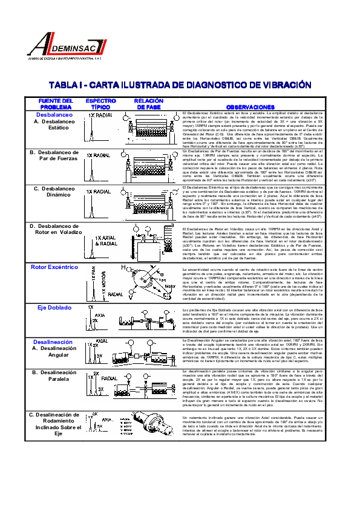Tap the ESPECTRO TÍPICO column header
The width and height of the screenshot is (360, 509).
[100, 104]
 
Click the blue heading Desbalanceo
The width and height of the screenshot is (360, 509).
[54, 114]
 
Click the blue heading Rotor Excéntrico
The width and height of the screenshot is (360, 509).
[54, 267]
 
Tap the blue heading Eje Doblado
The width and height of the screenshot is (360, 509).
[54, 308]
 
